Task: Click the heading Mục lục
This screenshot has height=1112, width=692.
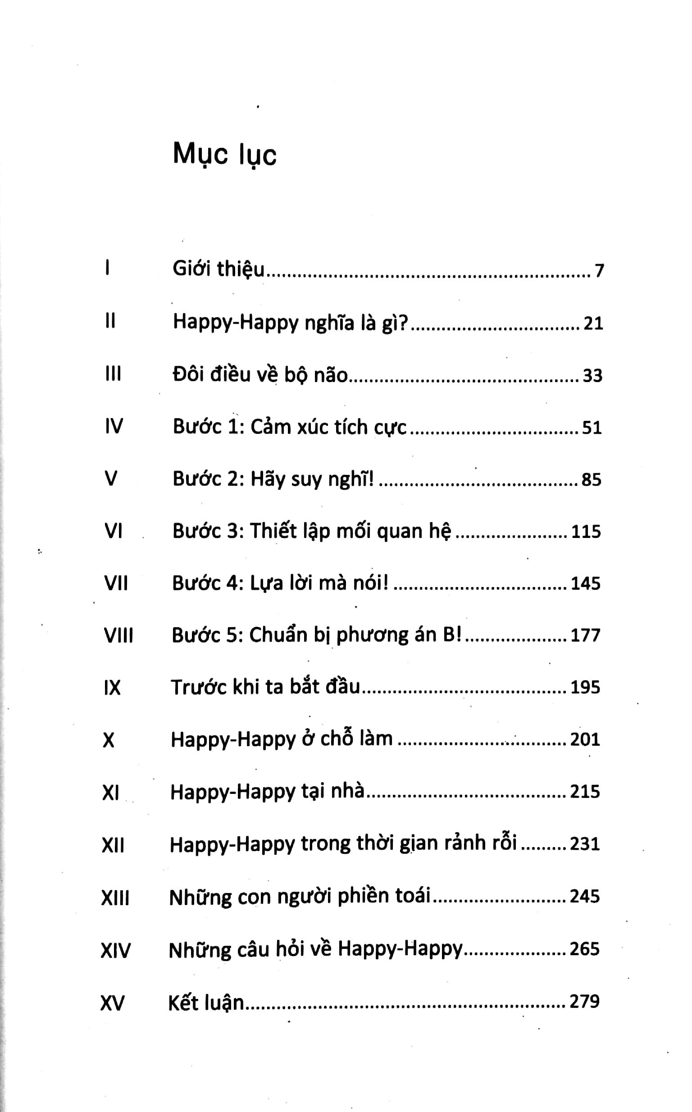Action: pyautogui.click(x=224, y=155)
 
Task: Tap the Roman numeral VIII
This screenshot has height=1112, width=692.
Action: pyautogui.click(x=118, y=636)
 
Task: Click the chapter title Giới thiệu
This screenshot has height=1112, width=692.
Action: pyautogui.click(x=219, y=269)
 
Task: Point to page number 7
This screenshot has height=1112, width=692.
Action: pyautogui.click(x=599, y=271)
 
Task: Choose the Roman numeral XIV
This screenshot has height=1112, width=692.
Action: pyautogui.click(x=115, y=950)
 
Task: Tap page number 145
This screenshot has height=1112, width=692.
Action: pyautogui.click(x=585, y=583)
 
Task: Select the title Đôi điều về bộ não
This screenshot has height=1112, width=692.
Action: pyautogui.click(x=260, y=375)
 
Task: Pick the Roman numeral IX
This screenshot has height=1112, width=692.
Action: pyautogui.click(x=112, y=688)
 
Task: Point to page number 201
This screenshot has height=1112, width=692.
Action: pyautogui.click(x=585, y=739)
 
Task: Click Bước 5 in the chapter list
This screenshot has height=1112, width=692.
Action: pyautogui.click(x=207, y=635)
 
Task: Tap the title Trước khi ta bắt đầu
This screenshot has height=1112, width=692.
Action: pyautogui.click(x=265, y=687)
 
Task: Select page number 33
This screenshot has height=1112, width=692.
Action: pyautogui.click(x=592, y=376)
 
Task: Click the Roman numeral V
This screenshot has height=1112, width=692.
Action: pyautogui.click(x=111, y=479)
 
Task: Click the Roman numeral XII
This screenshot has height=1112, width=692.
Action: pyautogui.click(x=113, y=845)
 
